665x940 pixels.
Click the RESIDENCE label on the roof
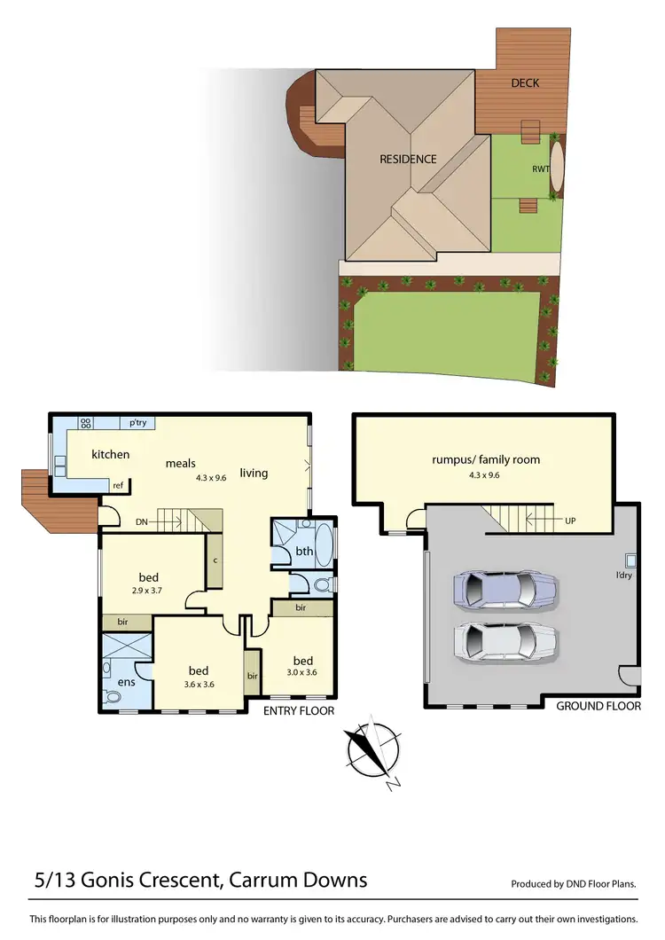[x=408, y=160]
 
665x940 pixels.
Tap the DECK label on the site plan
[x=525, y=83]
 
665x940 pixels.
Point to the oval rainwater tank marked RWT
[x=556, y=168]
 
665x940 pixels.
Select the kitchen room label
[x=111, y=455]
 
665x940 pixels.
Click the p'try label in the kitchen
[x=137, y=424]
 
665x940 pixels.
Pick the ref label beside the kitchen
[x=118, y=485]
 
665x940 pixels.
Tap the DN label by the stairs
[x=142, y=521]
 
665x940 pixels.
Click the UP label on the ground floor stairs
[x=569, y=521]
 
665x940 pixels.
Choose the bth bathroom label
[x=304, y=551]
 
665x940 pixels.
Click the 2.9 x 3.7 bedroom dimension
[x=148, y=591]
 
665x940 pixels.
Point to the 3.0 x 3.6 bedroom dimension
[x=303, y=673]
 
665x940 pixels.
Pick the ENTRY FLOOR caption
[x=299, y=710]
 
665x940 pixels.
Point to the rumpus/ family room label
[x=486, y=459]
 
